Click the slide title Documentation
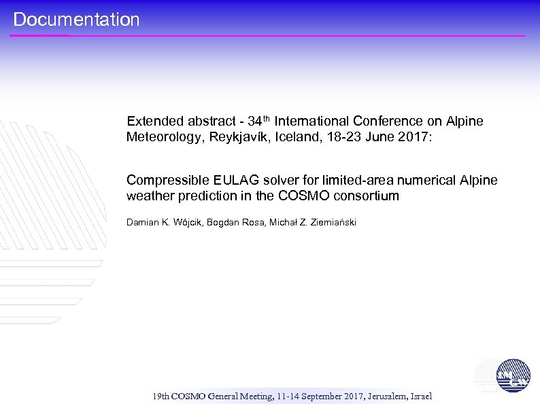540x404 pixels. pos(76,20)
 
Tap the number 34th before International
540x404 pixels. pos(259,121)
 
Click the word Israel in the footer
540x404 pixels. pos(420,396)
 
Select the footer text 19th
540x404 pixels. pos(161,396)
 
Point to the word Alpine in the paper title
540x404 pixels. pos(479,181)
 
